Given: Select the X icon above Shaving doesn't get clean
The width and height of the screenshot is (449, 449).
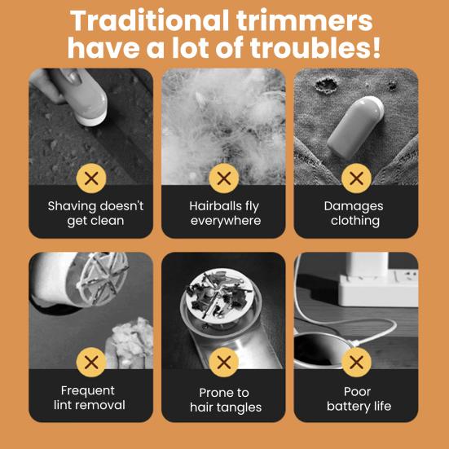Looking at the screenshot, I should point(92,178).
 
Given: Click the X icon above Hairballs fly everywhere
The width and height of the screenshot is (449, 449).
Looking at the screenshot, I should point(224,178).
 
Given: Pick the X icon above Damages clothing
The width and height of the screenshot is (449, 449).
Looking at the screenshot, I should point(356,178).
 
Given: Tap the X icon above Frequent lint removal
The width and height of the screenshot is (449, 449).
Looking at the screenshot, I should point(92,362).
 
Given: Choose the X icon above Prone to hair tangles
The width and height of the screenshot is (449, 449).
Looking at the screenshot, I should point(224,362).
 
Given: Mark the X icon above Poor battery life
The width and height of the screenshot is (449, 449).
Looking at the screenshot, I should point(356,362).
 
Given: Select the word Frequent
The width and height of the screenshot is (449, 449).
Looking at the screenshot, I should point(88,390).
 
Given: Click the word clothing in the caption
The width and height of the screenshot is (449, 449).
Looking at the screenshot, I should point(355,221).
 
